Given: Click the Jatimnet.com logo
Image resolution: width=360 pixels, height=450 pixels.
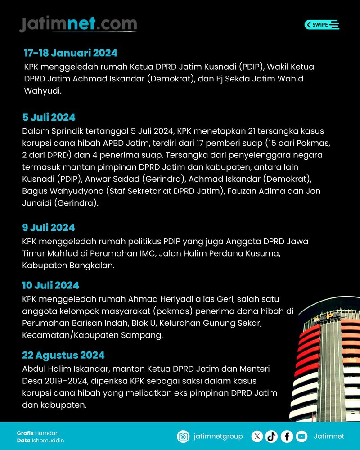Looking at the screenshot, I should pyautogui.click(x=78, y=24).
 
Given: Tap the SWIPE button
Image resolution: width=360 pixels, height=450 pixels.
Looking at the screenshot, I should pyautogui.click(x=322, y=25).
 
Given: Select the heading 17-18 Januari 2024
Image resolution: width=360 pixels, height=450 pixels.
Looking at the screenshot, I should pyautogui.click(x=71, y=53).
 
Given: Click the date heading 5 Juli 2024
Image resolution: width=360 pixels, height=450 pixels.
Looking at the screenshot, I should pyautogui.click(x=49, y=117).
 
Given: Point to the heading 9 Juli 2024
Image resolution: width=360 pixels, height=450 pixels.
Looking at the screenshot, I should pyautogui.click(x=49, y=227).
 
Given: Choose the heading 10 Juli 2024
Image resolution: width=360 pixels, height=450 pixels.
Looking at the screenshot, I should pyautogui.click(x=51, y=285).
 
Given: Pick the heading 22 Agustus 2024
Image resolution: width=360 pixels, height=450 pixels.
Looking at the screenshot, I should pyautogui.click(x=63, y=355).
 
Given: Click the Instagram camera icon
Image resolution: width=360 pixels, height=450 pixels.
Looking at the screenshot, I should pyautogui.click(x=183, y=436).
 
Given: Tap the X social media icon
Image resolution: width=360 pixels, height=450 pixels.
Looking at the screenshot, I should pyautogui.click(x=257, y=436).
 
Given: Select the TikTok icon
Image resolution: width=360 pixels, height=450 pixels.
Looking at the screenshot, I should pyautogui.click(x=271, y=436).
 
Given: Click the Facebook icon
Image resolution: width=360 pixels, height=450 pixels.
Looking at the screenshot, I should pyautogui.click(x=287, y=436).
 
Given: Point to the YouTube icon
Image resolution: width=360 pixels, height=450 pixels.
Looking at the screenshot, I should pyautogui.click(x=301, y=436).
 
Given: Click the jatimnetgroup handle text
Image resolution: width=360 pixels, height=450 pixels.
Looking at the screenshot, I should pyautogui.click(x=218, y=436).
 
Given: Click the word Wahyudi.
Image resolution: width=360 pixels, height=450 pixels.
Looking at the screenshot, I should pyautogui.click(x=42, y=91).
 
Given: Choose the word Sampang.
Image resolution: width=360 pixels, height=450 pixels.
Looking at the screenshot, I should pyautogui.click(x=146, y=335).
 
